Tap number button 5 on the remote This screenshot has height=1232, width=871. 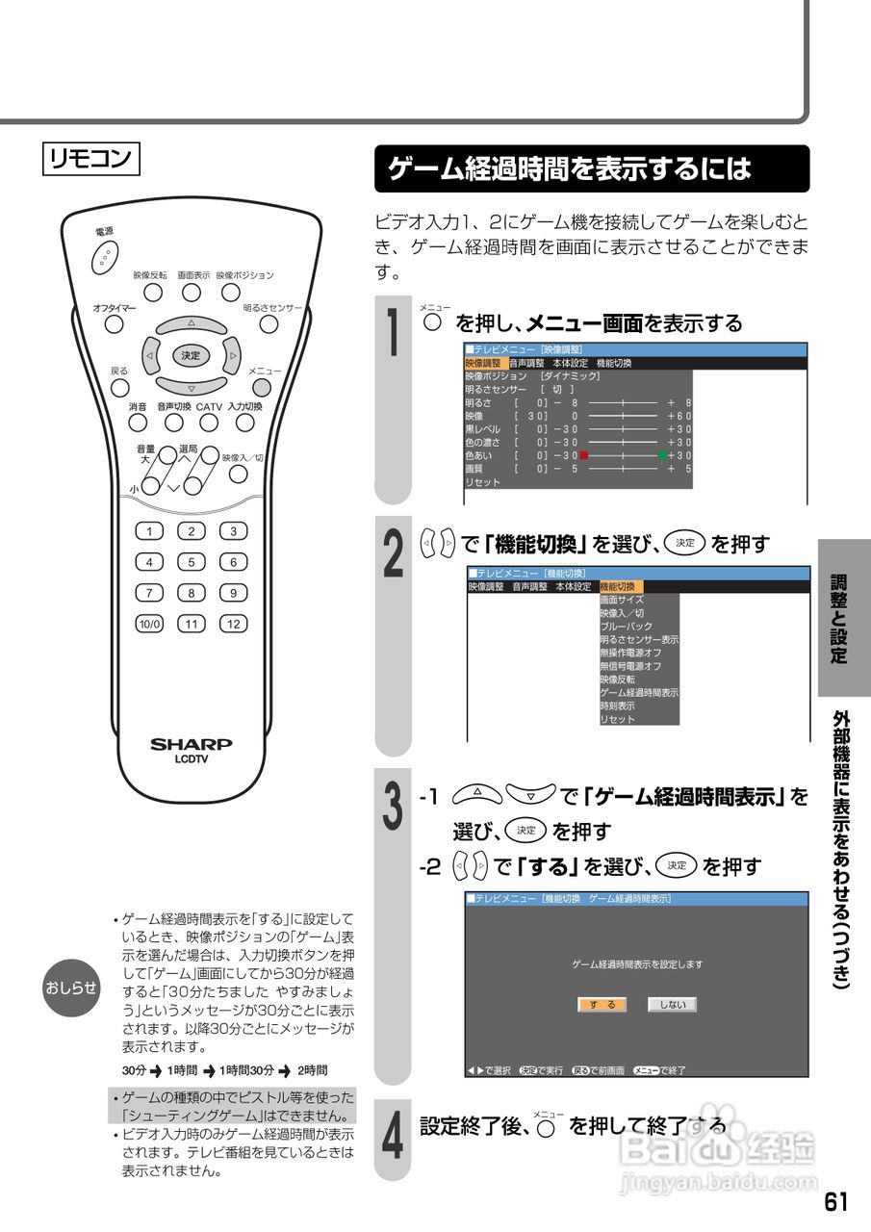[x=192, y=562]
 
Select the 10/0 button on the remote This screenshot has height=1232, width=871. [x=149, y=623]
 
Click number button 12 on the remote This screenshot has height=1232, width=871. [x=233, y=623]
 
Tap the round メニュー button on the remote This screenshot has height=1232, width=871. [x=261, y=388]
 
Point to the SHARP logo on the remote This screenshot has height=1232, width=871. [x=191, y=744]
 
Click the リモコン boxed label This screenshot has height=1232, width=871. [x=91, y=160]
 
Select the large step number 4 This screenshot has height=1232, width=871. [x=393, y=1137]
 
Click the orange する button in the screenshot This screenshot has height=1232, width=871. [x=602, y=1004]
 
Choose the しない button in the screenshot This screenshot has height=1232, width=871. [x=671, y=1004]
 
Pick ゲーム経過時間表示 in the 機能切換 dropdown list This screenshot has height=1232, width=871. [x=639, y=692]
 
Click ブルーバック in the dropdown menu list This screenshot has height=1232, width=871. [x=626, y=626]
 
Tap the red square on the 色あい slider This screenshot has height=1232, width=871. [x=583, y=455]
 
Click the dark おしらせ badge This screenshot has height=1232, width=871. [x=71, y=987]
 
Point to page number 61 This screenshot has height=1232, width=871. [x=835, y=1201]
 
